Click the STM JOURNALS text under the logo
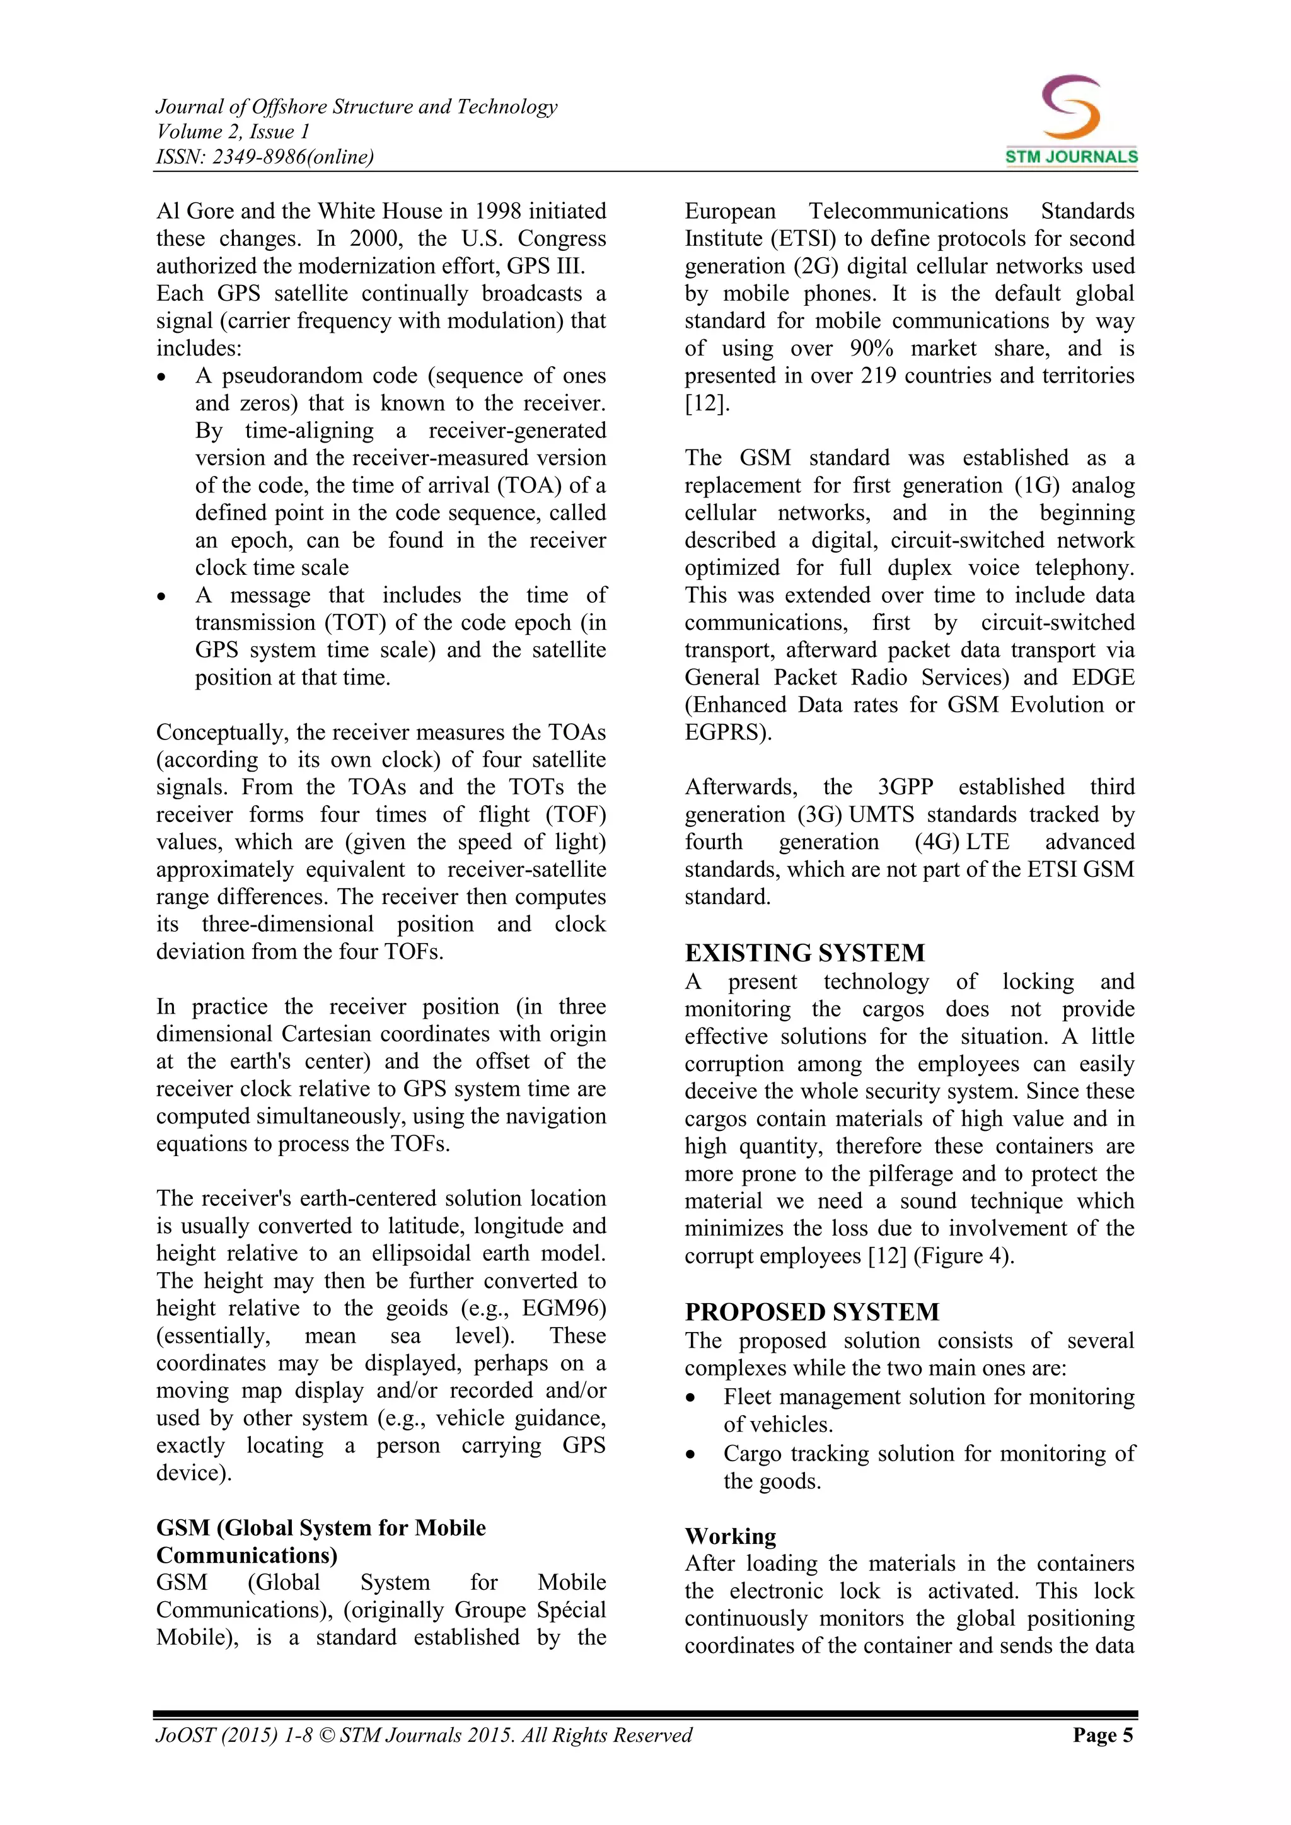1071,156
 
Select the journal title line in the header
356,107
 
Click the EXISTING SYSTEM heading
804,953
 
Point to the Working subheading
730,1536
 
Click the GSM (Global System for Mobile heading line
320,1527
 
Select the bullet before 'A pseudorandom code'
162,377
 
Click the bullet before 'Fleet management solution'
690,1398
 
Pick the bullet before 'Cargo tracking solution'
690,1454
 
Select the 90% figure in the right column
871,348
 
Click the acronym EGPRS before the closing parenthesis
722,732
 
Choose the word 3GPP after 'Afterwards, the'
905,787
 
